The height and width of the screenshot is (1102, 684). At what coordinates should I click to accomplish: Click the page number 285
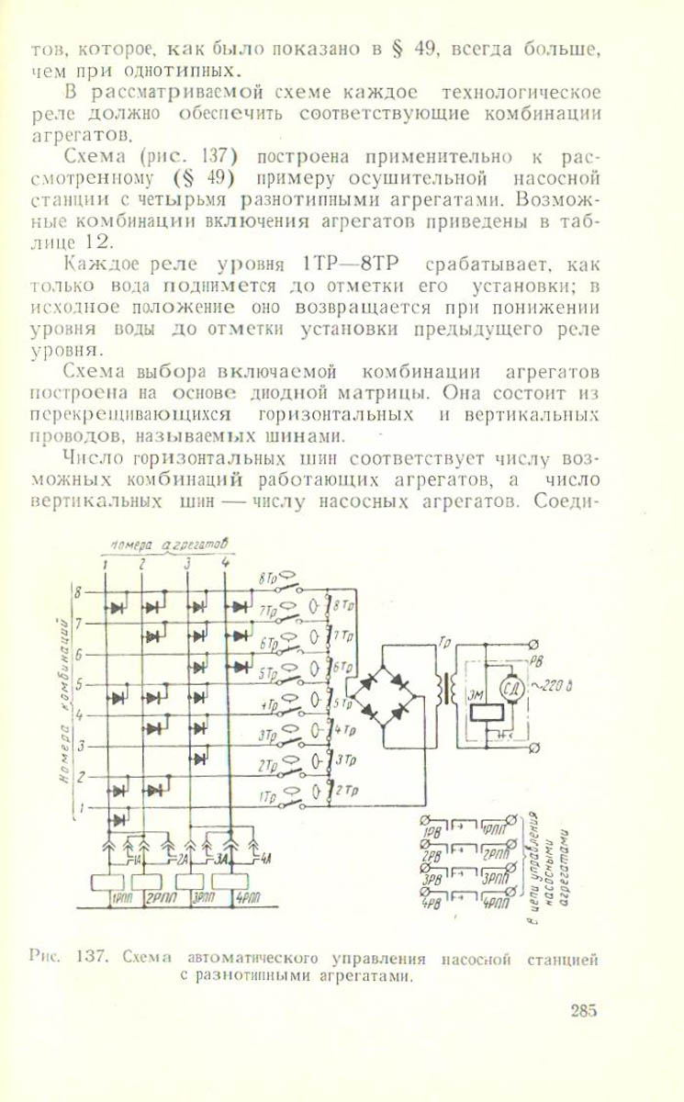(x=583, y=1012)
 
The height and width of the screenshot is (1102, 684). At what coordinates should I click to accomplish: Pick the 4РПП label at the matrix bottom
(x=249, y=899)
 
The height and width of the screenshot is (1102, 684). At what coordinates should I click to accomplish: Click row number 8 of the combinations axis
(x=77, y=591)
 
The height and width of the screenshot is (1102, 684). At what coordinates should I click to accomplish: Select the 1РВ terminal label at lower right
(x=432, y=832)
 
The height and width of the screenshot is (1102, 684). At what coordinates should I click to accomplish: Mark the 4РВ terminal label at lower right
(x=432, y=902)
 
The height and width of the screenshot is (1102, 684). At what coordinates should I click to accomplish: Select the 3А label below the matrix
(x=221, y=860)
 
